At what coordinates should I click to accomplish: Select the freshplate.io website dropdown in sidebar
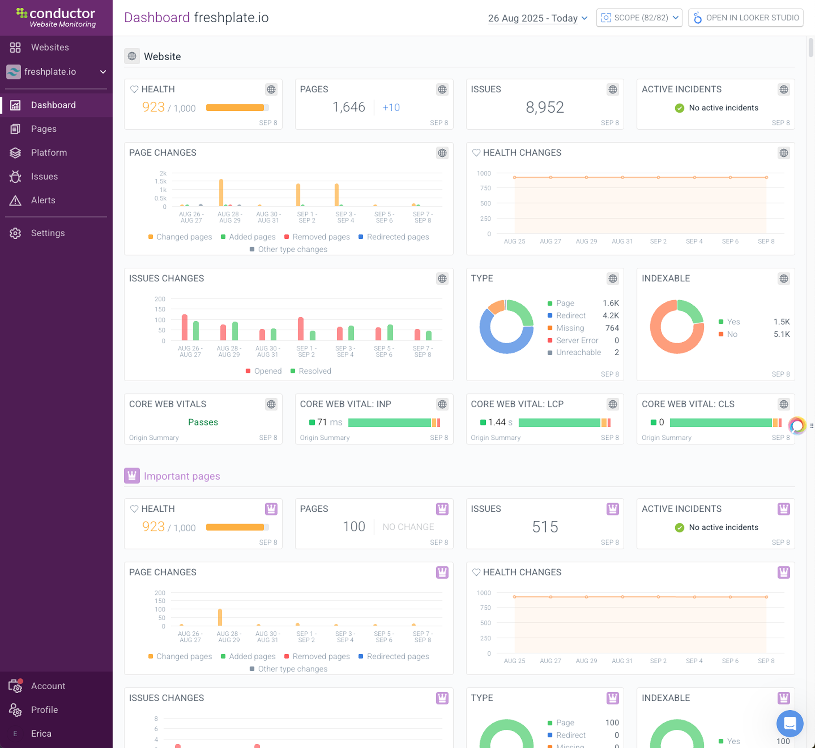coord(56,72)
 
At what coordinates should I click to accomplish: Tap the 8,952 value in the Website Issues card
coord(545,107)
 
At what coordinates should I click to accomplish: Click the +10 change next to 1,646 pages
coord(391,108)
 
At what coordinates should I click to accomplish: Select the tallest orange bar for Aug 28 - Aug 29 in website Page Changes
coord(221,193)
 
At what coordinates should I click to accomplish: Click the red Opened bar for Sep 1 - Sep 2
coord(300,329)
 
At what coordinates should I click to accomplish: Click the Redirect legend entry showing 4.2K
coord(570,315)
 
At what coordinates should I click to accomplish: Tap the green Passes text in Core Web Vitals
coord(203,422)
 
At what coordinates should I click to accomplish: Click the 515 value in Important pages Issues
coord(545,527)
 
